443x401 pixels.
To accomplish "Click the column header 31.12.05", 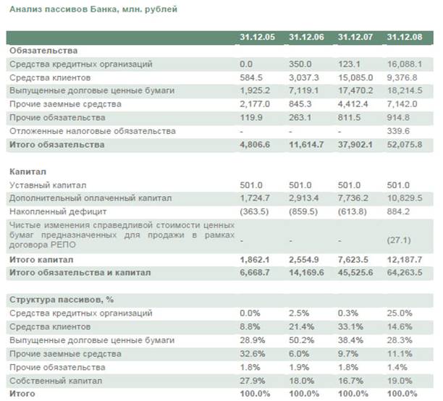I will click(256, 38).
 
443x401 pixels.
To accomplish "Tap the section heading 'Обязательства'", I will click(43, 51).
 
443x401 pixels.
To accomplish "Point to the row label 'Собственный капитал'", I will click(55, 380).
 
